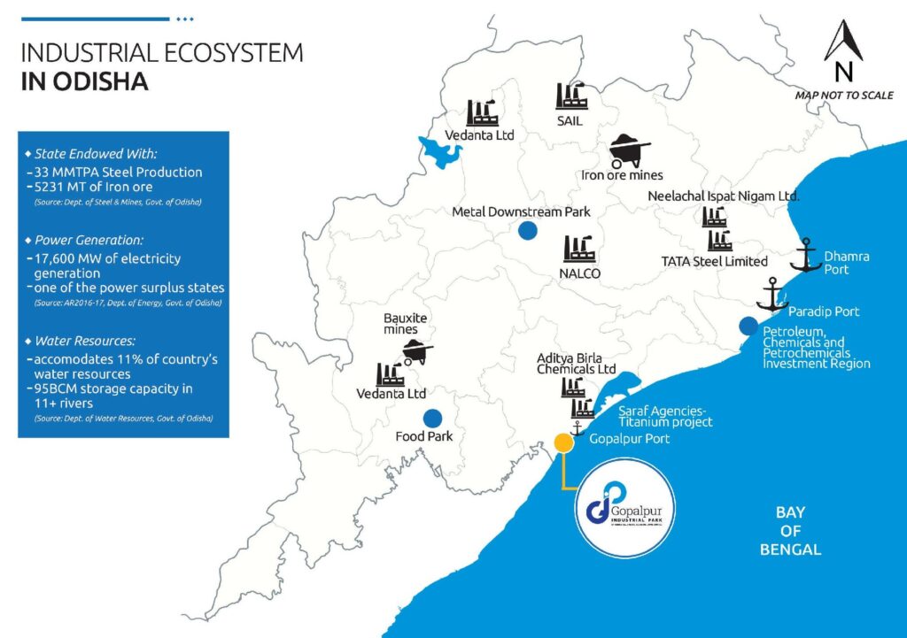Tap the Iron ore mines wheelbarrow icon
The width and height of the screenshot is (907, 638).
pyautogui.click(x=631, y=150)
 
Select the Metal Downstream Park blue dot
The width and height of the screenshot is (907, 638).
pyautogui.click(x=528, y=231)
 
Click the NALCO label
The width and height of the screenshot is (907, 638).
pyautogui.click(x=581, y=273)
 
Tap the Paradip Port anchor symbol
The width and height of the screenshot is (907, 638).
pyautogui.click(x=772, y=295)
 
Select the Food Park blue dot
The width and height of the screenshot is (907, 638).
pyautogui.click(x=433, y=418)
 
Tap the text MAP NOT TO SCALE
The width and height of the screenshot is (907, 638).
pyautogui.click(x=844, y=95)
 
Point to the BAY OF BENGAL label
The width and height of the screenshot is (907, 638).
pyautogui.click(x=790, y=531)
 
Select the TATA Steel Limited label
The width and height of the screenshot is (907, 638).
pyautogui.click(x=715, y=261)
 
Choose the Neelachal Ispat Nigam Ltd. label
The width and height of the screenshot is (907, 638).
pyautogui.click(x=724, y=195)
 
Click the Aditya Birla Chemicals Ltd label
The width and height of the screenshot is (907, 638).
pyautogui.click(x=576, y=363)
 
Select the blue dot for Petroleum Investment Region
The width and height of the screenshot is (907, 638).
pyautogui.click(x=749, y=325)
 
